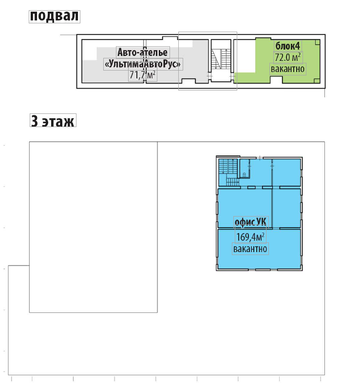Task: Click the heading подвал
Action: (x=54, y=17)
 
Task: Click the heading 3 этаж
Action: (x=53, y=121)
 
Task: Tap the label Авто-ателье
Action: (x=143, y=52)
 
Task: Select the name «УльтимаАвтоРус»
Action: (x=143, y=64)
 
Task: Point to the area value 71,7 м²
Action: (x=142, y=75)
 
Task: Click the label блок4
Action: (x=287, y=46)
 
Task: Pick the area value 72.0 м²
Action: (x=287, y=57)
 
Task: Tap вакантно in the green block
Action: (x=287, y=69)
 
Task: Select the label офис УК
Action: (x=250, y=222)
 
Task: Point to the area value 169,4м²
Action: (x=250, y=237)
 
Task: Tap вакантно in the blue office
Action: (x=250, y=249)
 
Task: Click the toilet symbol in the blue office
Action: (x=245, y=174)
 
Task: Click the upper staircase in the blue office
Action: (x=228, y=166)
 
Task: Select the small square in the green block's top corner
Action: (x=317, y=42)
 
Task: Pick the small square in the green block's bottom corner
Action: (x=317, y=81)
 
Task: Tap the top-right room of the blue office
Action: (x=286, y=172)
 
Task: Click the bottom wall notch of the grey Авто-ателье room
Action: (x=189, y=81)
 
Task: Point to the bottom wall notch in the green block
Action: (x=276, y=80)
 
